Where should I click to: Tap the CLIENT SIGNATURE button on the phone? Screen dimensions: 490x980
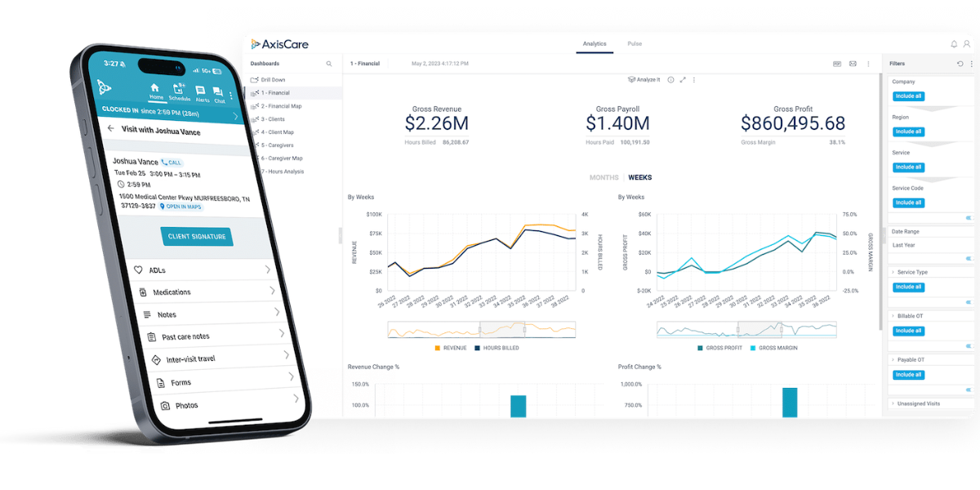point(196,236)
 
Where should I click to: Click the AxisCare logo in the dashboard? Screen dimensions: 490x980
point(279,44)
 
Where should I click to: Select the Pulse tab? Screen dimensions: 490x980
point(635,43)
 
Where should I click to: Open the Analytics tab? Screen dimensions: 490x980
point(595,43)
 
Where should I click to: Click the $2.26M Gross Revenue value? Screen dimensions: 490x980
point(437,123)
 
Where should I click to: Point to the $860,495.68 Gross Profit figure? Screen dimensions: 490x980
point(793,123)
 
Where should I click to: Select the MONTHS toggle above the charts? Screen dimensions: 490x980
point(604,177)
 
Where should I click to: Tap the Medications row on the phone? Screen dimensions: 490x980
point(172,292)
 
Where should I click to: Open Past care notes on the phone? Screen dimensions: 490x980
point(185,336)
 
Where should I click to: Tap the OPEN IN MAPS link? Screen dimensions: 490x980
point(181,207)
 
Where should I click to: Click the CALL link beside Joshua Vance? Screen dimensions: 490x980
point(171,163)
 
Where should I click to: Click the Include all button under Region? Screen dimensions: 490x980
point(908,131)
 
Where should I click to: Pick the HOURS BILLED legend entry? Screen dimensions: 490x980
point(499,348)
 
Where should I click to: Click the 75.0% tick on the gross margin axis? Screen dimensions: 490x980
point(849,214)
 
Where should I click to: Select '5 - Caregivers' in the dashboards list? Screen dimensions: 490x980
point(279,145)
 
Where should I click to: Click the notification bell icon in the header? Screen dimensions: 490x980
point(954,44)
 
